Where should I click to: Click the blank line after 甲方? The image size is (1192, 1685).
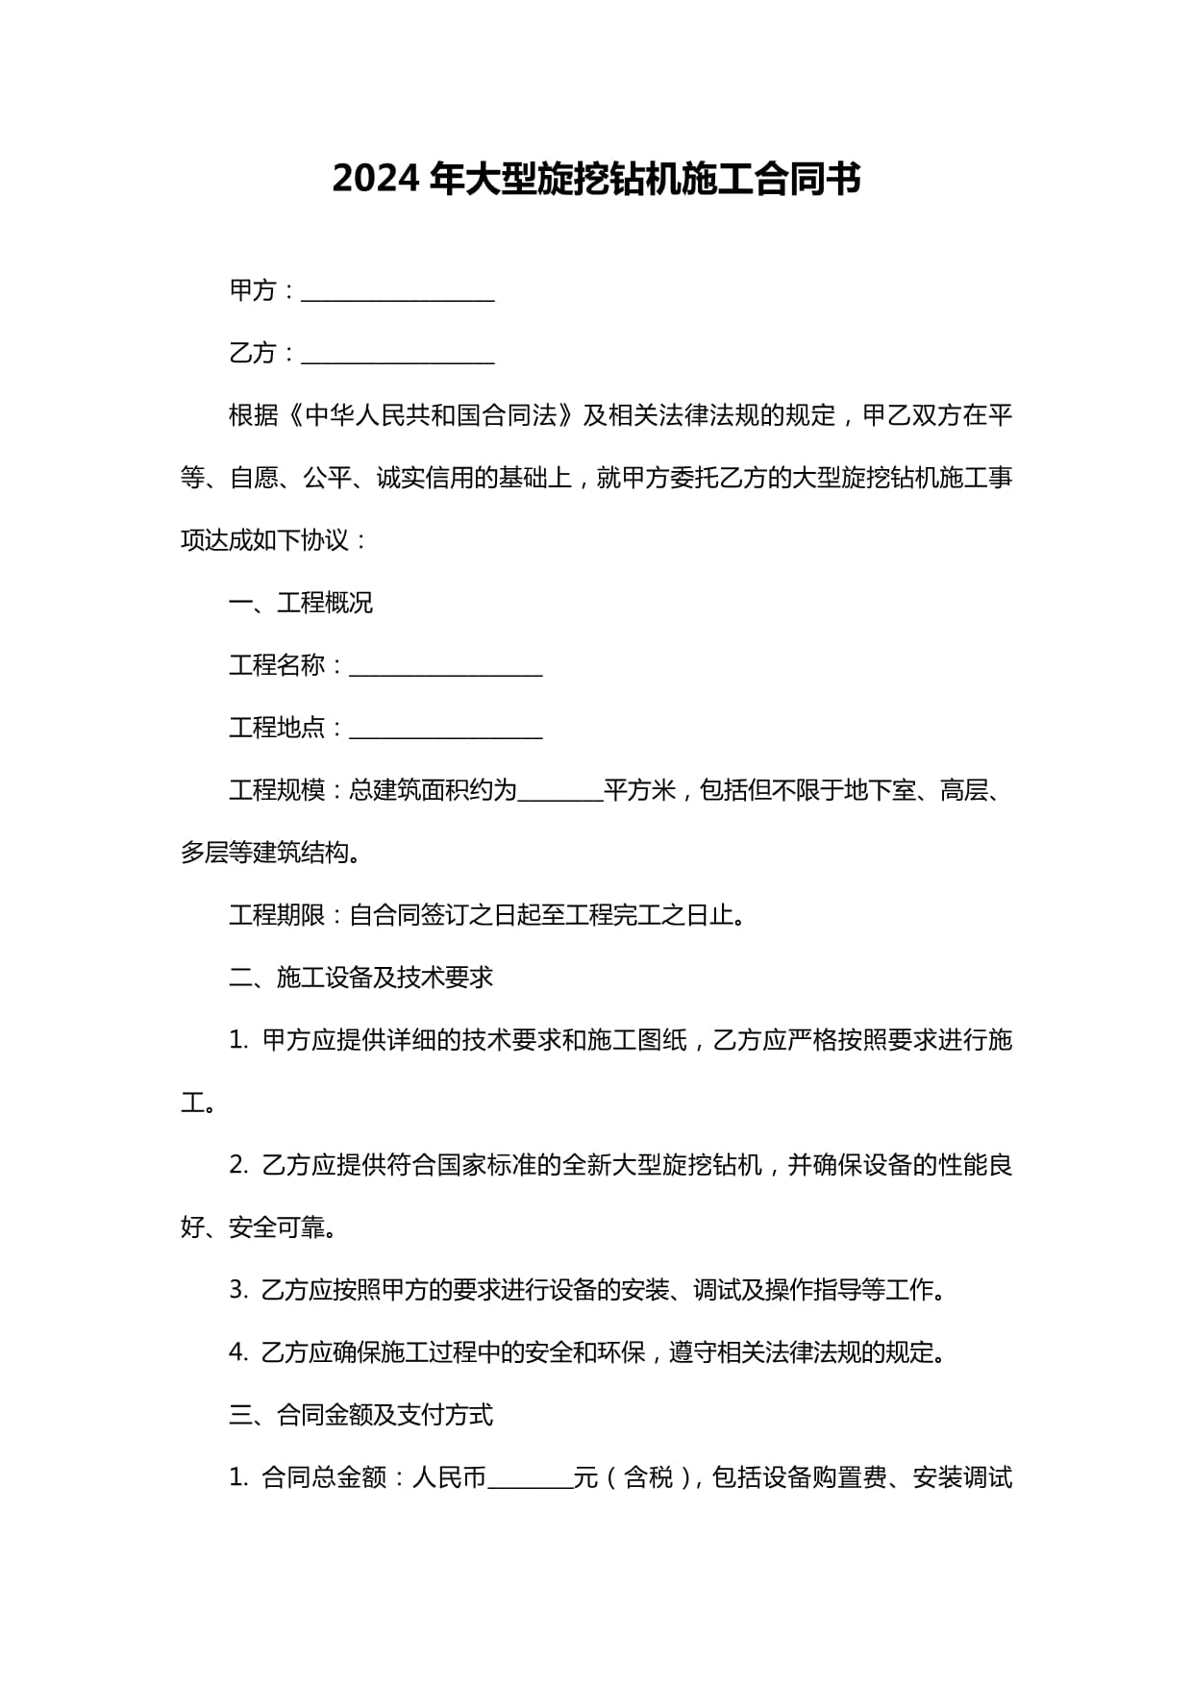pyautogui.click(x=397, y=293)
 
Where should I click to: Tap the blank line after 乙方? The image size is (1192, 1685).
pyautogui.click(x=397, y=356)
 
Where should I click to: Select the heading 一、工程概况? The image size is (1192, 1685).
pyautogui.click(x=300, y=603)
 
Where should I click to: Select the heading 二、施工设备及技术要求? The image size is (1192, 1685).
pyautogui.click(x=360, y=978)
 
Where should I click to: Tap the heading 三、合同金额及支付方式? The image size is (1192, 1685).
pyautogui.click(x=360, y=1415)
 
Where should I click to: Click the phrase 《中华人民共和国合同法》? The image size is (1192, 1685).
pyautogui.click(x=431, y=415)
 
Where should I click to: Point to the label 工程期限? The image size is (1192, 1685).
pyautogui.click(x=277, y=915)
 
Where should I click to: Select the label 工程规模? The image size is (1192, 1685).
pyautogui.click(x=277, y=790)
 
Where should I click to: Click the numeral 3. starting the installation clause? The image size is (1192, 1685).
pyautogui.click(x=238, y=1290)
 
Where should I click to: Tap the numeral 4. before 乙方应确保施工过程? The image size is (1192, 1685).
pyautogui.click(x=238, y=1352)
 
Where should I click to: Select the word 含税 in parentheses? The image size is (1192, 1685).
pyautogui.click(x=649, y=1477)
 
